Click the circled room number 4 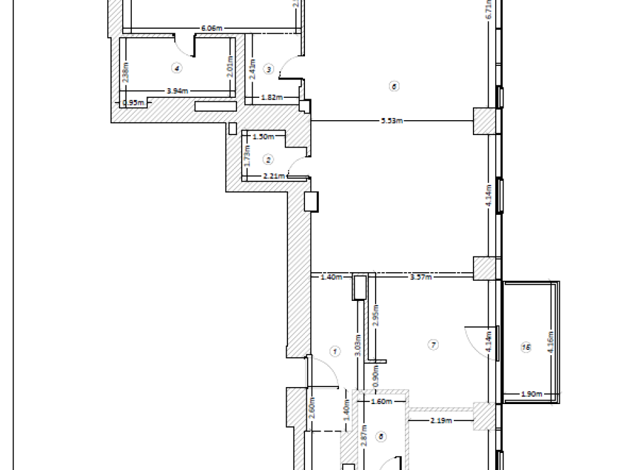pos(175,67)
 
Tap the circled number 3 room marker pos(268,69)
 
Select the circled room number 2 pos(268,159)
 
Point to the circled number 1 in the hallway pos(335,351)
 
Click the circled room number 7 pos(432,345)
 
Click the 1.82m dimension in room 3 pos(271,98)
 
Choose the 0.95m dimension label pos(133,102)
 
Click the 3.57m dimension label pos(419,277)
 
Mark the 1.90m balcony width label pos(530,394)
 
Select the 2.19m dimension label pos(442,420)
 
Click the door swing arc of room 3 pos(286,67)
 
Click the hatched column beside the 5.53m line pos(484,121)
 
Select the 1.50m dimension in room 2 pos(261,136)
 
